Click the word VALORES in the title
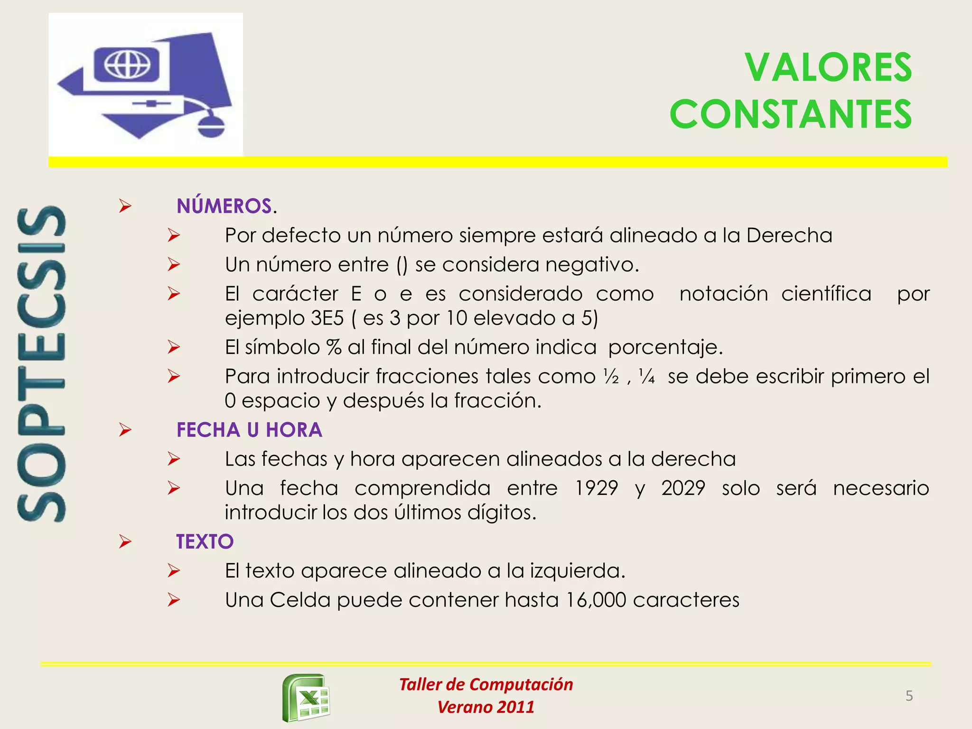[828, 68]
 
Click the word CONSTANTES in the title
[790, 114]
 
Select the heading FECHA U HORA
[249, 430]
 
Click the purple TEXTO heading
[205, 542]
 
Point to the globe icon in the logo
[127, 64]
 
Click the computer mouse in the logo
[211, 125]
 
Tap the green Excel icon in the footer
[307, 698]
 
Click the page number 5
[909, 696]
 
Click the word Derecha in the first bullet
[789, 235]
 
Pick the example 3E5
[327, 318]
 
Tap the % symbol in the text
[334, 347]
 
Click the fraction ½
[611, 377]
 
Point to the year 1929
[596, 488]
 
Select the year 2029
[683, 488]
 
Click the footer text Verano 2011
[486, 707]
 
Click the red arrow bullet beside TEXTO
[125, 542]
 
